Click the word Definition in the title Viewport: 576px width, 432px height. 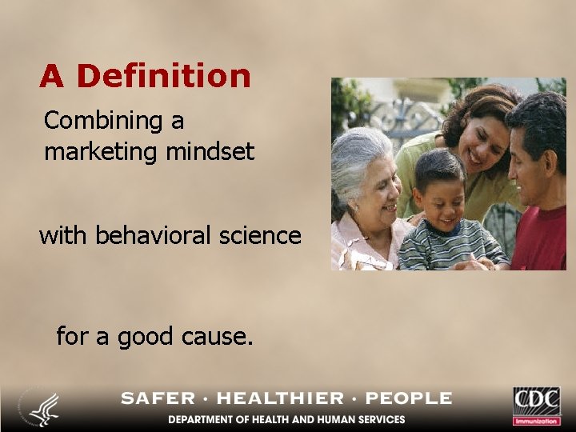(163, 76)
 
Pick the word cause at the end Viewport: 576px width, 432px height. (222, 337)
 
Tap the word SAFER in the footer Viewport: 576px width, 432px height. (158, 398)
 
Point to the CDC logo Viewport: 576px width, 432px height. (537, 405)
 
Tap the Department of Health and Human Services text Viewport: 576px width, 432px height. (286, 419)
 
